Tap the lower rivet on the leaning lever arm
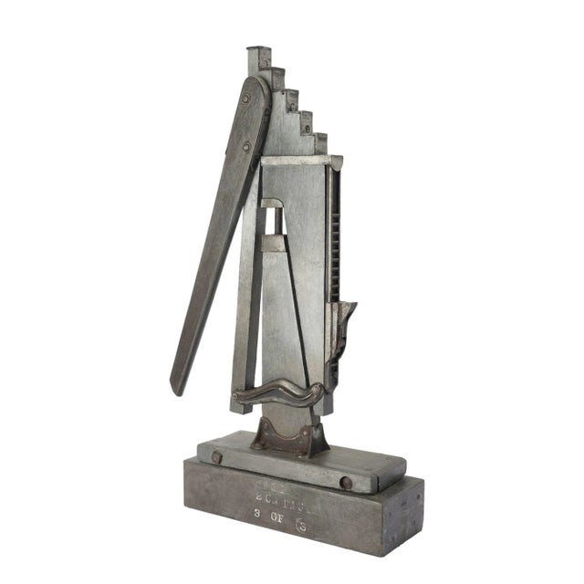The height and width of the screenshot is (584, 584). point(247,146)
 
